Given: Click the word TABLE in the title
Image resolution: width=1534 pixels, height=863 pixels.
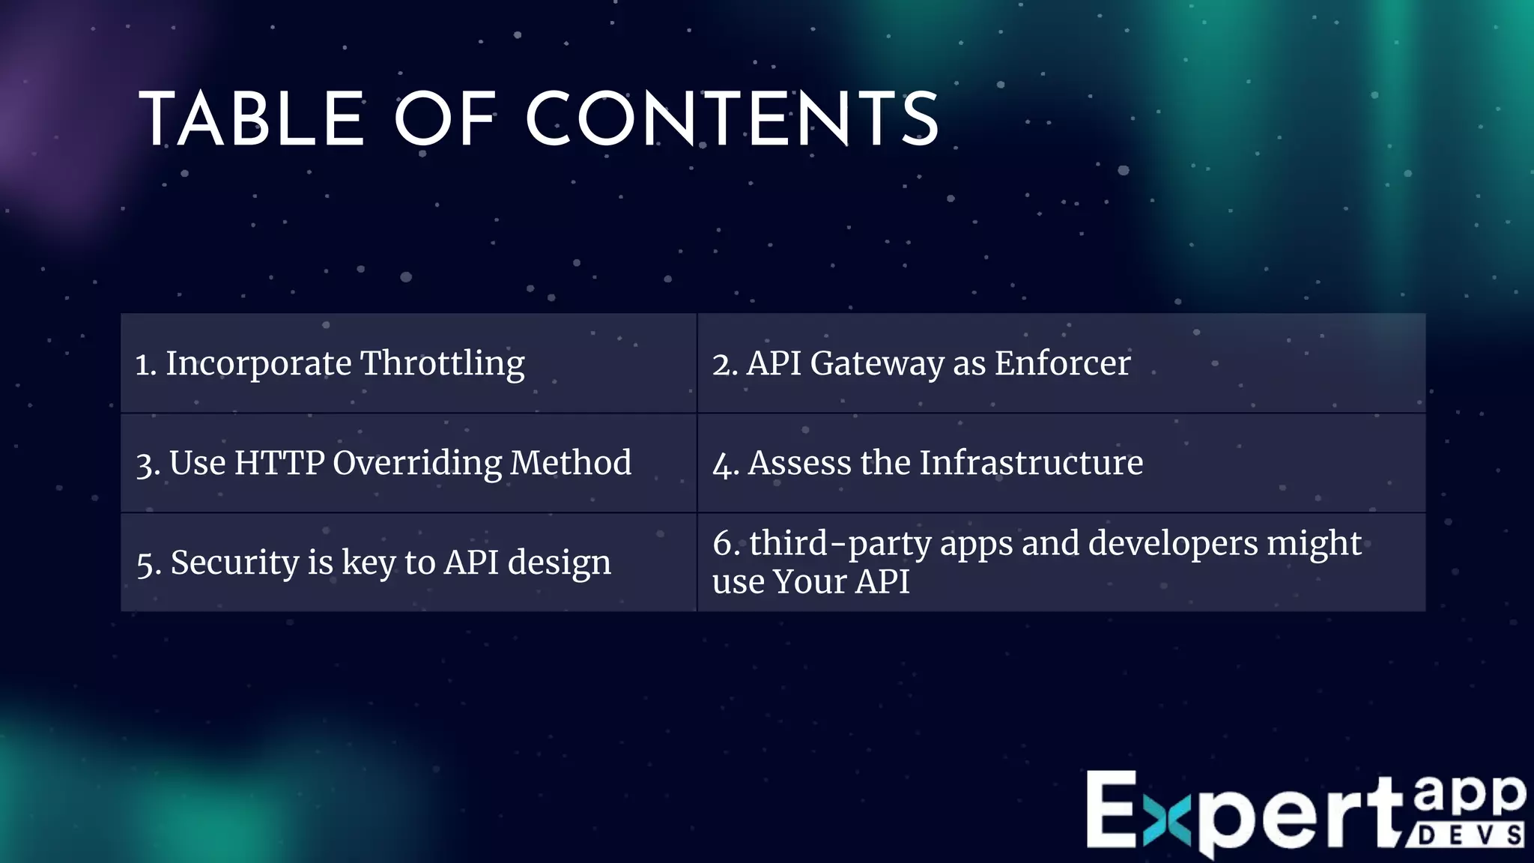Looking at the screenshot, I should (252, 120).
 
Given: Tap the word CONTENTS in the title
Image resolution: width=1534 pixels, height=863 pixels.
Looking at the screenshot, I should (733, 120).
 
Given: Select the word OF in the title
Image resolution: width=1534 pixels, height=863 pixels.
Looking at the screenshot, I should (446, 120).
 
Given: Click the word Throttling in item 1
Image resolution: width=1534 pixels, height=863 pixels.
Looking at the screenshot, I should (443, 364).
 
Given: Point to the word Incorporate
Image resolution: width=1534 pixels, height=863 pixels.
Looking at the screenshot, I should (258, 363).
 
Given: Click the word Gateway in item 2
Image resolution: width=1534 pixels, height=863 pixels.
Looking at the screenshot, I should (877, 364).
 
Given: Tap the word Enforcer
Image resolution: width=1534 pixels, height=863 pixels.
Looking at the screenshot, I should (1062, 363).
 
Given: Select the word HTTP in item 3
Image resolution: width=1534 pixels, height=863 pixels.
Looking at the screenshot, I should (279, 463).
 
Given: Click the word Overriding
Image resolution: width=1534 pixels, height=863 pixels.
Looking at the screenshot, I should (417, 464).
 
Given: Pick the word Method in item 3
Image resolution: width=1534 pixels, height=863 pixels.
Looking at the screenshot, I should (571, 463).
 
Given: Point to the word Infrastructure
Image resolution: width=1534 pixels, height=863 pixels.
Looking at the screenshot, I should (1031, 463).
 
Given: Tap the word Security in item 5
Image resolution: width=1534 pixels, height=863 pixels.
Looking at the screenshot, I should (234, 563).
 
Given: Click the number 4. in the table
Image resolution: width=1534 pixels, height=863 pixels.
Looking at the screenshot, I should (725, 464).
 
